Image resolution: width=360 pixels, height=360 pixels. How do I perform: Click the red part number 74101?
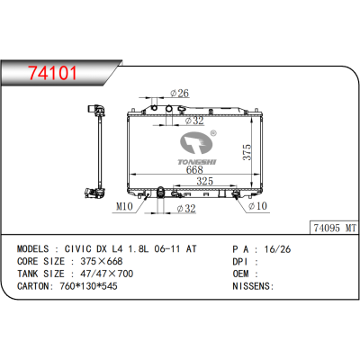point(52,73)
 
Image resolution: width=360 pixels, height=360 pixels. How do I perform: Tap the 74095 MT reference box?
point(335,228)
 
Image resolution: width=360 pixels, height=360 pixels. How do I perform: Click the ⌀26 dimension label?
point(180,93)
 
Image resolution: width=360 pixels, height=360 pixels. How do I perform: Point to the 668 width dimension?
point(194,169)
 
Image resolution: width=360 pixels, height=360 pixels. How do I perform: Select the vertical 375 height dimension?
point(247,152)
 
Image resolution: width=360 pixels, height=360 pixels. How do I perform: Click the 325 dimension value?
point(204,181)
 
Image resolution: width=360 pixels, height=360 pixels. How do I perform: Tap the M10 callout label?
point(124,206)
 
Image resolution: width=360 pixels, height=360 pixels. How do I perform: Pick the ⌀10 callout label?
point(257,206)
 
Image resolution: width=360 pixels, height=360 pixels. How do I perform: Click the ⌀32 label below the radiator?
point(186,208)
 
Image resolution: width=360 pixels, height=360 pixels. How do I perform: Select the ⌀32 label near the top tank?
point(194,121)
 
